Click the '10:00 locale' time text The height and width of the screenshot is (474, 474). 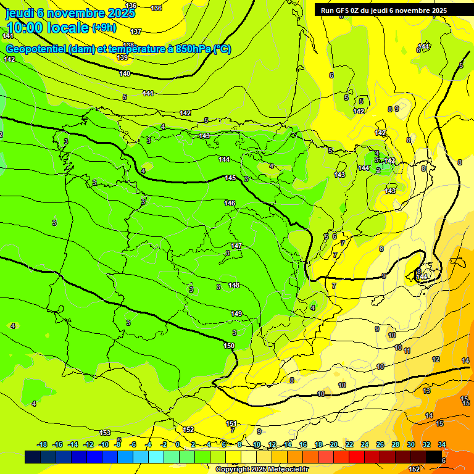[x=47, y=28]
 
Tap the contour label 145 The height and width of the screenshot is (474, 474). [x=230, y=178]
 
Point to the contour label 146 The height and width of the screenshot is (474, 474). [x=230, y=203]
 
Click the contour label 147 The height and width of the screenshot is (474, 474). [x=236, y=246]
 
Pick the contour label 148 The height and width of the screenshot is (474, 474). [x=234, y=285]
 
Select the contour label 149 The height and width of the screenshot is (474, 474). [x=236, y=314]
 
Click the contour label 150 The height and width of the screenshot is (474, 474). [x=229, y=346]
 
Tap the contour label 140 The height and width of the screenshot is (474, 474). [x=125, y=73]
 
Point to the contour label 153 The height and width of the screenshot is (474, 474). [x=105, y=433]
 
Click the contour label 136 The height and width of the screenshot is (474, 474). [x=156, y=8]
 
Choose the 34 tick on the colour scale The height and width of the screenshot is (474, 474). [x=442, y=444]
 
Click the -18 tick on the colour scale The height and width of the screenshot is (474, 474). [x=43, y=444]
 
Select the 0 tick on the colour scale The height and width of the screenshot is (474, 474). [x=178, y=444]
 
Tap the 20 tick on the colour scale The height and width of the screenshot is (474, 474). [x=334, y=444]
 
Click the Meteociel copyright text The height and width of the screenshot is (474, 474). [x=262, y=469]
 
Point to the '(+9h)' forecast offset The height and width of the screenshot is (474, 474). [x=104, y=27]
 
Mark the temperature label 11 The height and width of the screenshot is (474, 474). [x=407, y=351]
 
